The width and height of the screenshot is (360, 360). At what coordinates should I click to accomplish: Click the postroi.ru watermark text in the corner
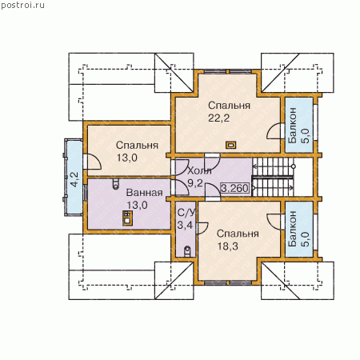(x=22, y=5)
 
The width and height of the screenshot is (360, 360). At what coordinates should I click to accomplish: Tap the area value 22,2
(x=218, y=118)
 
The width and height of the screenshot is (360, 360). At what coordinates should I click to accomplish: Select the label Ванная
(x=144, y=192)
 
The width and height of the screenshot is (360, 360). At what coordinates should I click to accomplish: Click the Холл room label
(x=200, y=170)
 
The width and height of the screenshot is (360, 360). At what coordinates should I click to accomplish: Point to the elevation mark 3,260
(x=235, y=188)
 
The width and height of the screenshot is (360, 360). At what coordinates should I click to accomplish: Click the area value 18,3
(x=228, y=246)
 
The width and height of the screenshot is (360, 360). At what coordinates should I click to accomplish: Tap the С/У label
(x=186, y=213)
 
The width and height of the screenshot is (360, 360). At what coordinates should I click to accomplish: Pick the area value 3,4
(x=185, y=226)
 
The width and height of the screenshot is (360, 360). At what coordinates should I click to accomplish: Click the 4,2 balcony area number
(x=74, y=179)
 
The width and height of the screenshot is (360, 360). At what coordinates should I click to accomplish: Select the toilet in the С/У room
(x=187, y=251)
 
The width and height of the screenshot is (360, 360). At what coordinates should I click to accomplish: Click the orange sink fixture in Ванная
(x=127, y=218)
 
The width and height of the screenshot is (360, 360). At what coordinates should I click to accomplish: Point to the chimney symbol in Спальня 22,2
(x=231, y=145)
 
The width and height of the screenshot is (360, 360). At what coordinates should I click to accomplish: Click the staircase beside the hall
(x=273, y=177)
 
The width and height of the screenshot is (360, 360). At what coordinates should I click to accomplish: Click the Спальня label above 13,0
(x=137, y=146)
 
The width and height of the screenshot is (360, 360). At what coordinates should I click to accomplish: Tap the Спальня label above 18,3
(x=238, y=234)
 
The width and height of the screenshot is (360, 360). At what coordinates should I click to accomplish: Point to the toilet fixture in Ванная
(x=116, y=183)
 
